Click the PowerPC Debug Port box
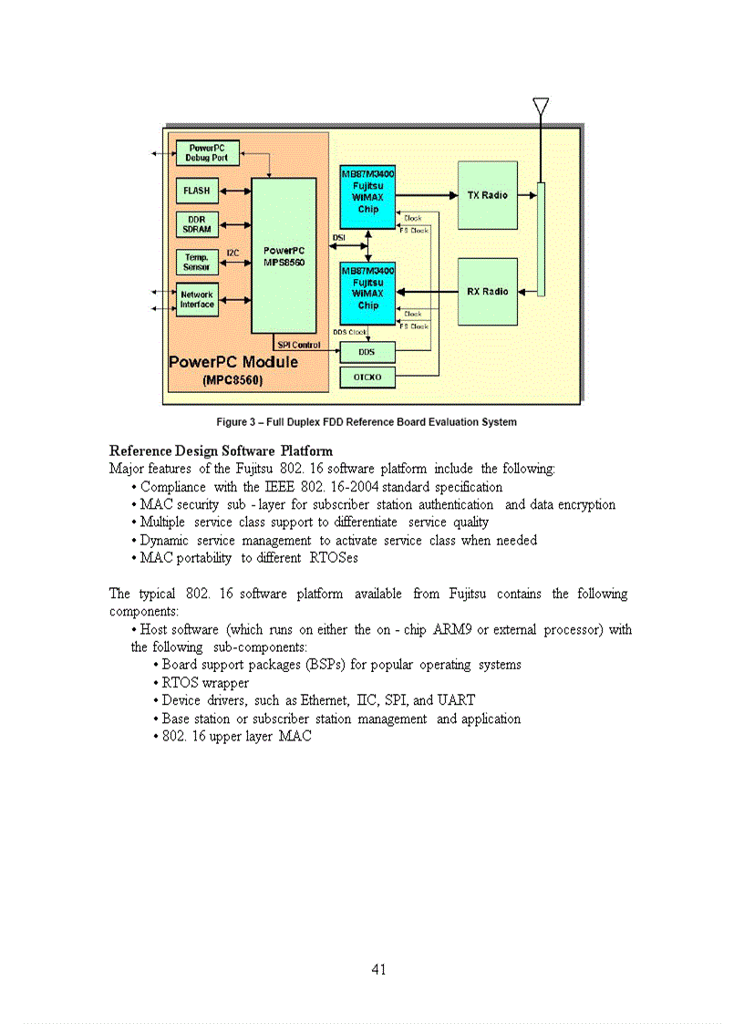click(x=208, y=152)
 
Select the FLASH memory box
click(x=196, y=191)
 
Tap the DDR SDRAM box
click(x=196, y=224)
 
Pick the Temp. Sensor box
click(x=196, y=263)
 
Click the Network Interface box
click(x=196, y=299)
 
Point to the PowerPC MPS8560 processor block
click(x=284, y=255)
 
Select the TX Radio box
click(x=487, y=195)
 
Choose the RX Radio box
click(x=487, y=292)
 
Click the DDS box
click(x=367, y=351)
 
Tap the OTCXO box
click(x=367, y=377)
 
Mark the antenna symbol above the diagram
click(x=540, y=106)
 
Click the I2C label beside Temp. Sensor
click(x=232, y=253)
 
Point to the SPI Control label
click(x=298, y=345)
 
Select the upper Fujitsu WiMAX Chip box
click(x=367, y=196)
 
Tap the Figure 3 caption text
click(x=367, y=422)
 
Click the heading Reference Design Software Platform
click(x=221, y=450)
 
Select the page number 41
click(x=379, y=969)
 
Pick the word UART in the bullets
click(x=456, y=700)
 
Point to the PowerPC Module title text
click(x=233, y=362)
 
